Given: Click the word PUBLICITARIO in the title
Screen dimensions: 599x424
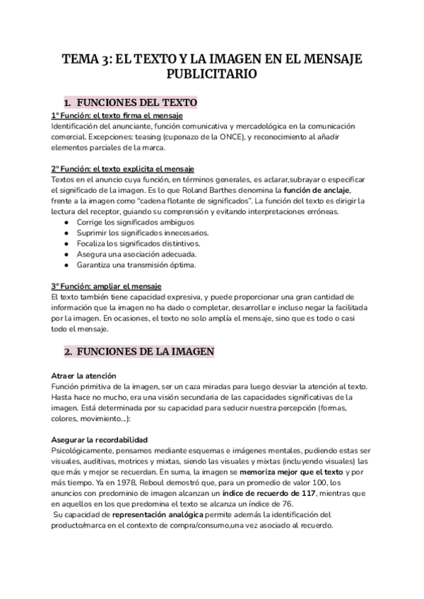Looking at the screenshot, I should tap(211, 73).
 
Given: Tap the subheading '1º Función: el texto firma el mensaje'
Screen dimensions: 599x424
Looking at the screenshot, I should tap(117, 116).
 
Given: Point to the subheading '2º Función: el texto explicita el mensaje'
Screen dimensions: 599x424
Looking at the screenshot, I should tap(122, 170).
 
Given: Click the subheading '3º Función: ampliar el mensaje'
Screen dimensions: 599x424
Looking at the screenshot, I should tap(106, 286).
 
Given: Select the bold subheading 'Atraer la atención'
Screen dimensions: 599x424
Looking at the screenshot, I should tap(83, 374).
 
